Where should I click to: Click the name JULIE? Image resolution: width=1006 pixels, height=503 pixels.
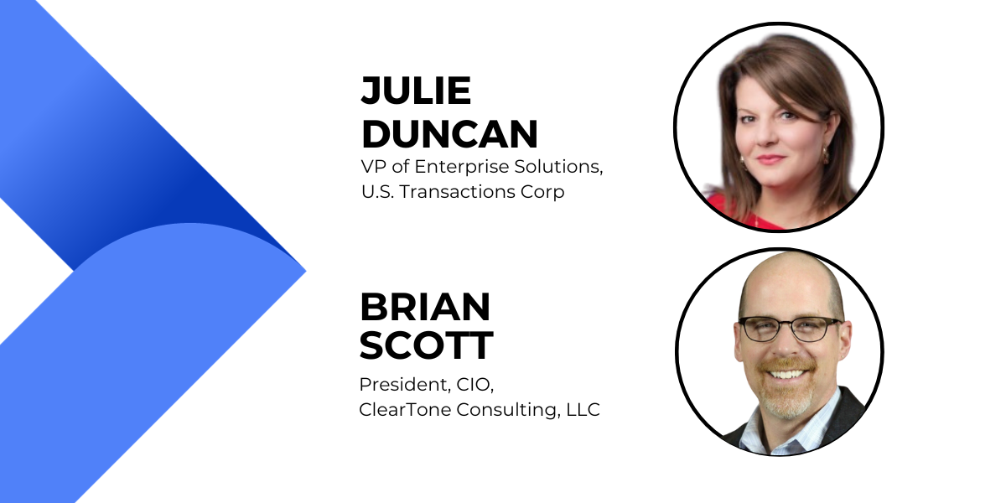pyautogui.click(x=416, y=91)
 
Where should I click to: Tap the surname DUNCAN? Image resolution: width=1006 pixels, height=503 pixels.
pyautogui.click(x=449, y=134)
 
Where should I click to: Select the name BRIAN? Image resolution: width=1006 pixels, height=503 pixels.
pyautogui.click(x=425, y=307)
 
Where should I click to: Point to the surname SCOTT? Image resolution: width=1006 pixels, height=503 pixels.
pyautogui.click(x=427, y=345)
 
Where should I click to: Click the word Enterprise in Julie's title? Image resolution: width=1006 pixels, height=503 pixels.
pyautogui.click(x=462, y=167)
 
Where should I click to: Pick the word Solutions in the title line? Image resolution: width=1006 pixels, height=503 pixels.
pyautogui.click(x=558, y=167)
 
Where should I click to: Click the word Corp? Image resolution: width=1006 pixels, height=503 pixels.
pyautogui.click(x=542, y=193)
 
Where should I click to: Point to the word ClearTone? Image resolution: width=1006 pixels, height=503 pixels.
pyautogui.click(x=405, y=410)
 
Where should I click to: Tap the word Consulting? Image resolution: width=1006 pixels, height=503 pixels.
pyautogui.click(x=508, y=411)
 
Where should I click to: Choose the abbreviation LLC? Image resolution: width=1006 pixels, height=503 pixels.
pyautogui.click(x=583, y=410)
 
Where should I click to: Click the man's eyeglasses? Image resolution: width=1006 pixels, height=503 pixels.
pyautogui.click(x=790, y=329)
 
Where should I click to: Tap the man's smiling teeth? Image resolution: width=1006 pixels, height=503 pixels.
pyautogui.click(x=787, y=374)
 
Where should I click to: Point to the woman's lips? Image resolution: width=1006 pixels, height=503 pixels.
pyautogui.click(x=770, y=159)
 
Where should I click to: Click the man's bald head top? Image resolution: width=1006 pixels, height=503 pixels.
pyautogui.click(x=791, y=269)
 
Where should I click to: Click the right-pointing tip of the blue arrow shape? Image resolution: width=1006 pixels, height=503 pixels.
pyautogui.click(x=305, y=271)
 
